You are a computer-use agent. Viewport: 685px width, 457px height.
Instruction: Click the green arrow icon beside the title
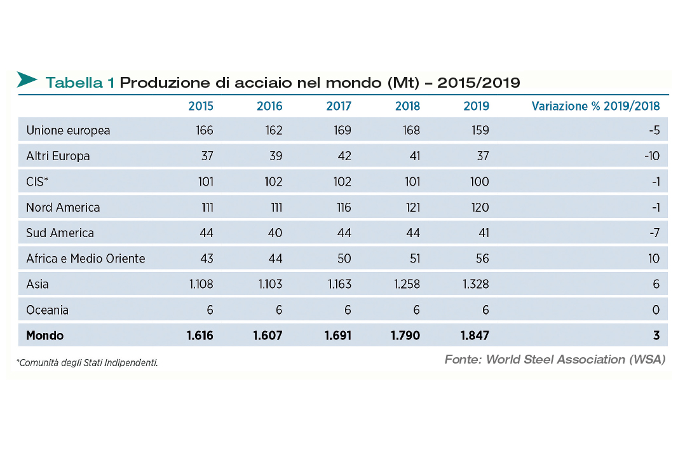pos(27,80)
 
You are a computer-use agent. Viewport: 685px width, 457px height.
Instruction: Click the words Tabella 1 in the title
pos(80,83)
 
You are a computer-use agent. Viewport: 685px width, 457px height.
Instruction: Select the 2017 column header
pos(339,106)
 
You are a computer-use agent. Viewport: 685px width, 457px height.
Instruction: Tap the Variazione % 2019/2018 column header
pos(595,106)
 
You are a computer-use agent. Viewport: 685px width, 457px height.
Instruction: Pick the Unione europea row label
pos(68,130)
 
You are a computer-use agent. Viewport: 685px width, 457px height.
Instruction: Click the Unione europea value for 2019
pos(477,130)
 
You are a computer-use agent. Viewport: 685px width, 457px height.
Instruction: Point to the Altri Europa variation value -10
pos(651,156)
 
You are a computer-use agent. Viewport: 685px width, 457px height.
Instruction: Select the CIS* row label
pos(37,182)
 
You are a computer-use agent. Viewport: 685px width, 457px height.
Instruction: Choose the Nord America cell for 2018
pos(407,208)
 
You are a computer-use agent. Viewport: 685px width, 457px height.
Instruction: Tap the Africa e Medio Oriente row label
pos(86,259)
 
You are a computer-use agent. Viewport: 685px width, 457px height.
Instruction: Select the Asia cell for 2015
pos(201,284)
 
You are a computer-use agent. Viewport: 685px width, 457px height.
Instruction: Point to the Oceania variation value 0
pos(656,310)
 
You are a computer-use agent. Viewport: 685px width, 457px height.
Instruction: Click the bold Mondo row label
pos(45,335)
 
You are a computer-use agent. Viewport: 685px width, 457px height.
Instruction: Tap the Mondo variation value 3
pos(656,335)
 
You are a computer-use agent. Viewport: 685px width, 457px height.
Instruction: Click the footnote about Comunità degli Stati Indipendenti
pos(87,363)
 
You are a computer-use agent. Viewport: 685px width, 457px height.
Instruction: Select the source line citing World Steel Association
pos(555,360)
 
